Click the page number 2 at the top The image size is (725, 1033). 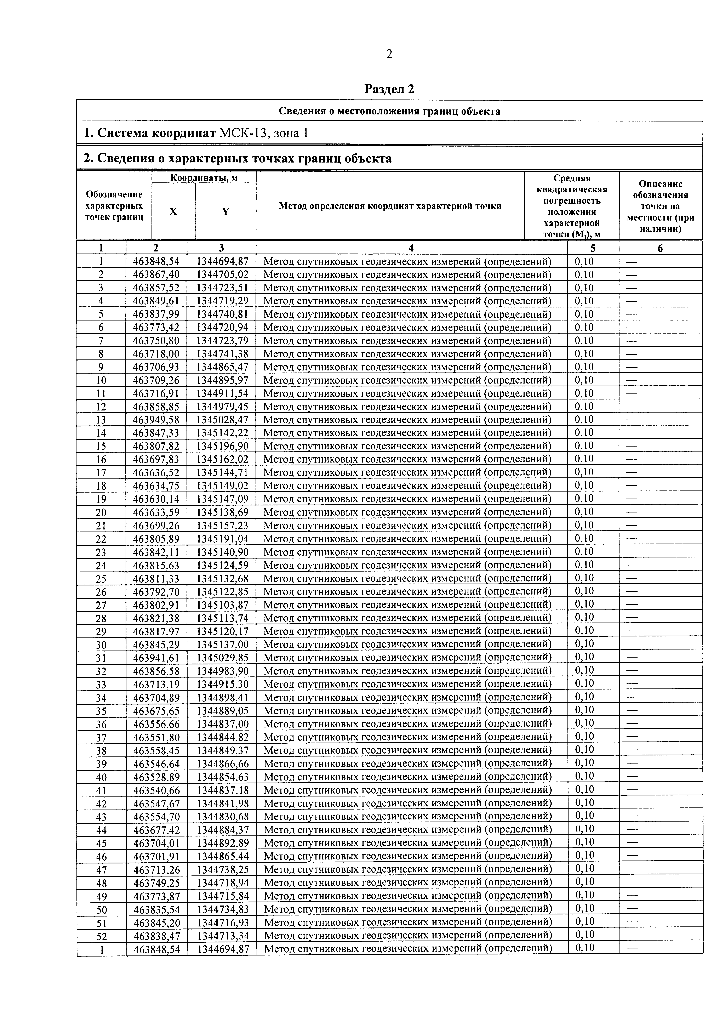coord(389,54)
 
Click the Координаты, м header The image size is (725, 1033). coord(204,178)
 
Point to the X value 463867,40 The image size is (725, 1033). coord(156,274)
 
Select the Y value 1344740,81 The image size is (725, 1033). coord(222,314)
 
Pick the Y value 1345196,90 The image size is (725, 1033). coord(222,446)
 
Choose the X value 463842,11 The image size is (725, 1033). coord(156,552)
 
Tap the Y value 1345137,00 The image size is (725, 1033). coord(222,644)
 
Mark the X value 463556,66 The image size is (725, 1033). coord(156,723)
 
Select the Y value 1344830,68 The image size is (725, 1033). coord(222,816)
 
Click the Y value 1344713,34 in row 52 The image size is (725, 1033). coord(222,935)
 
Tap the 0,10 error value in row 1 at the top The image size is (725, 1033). coord(584,261)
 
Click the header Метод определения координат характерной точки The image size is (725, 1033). coord(390,206)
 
